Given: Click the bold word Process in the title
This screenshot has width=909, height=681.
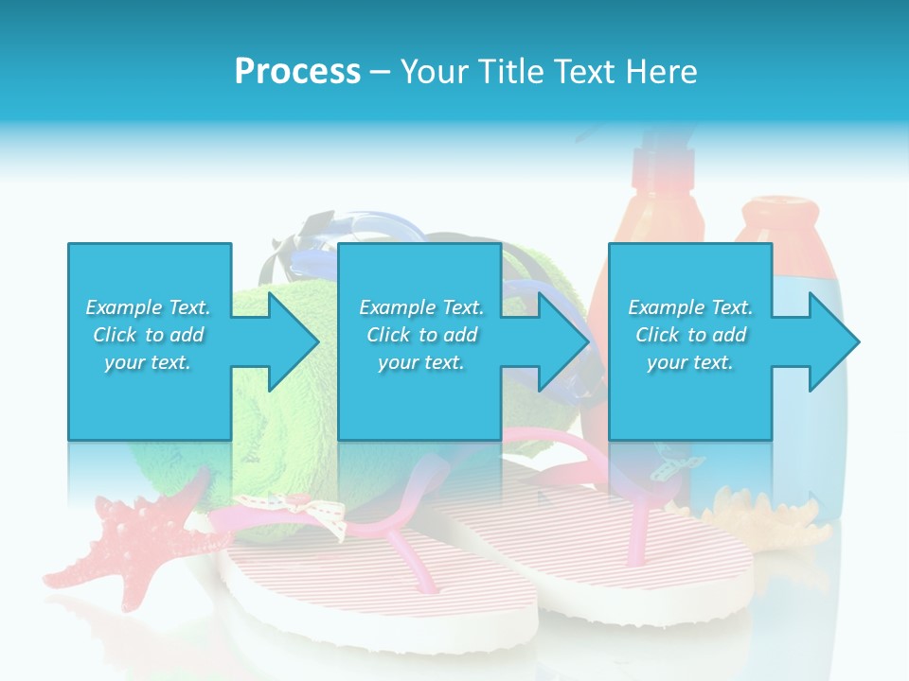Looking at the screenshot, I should [297, 72].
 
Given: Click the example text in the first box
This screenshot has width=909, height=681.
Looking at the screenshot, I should [148, 335].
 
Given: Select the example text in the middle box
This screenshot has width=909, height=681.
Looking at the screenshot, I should [420, 335].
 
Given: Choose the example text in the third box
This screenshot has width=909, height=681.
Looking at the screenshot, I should [689, 335].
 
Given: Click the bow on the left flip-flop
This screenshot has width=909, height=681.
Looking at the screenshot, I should [317, 515].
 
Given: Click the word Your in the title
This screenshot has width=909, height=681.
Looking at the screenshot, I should [435, 72].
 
